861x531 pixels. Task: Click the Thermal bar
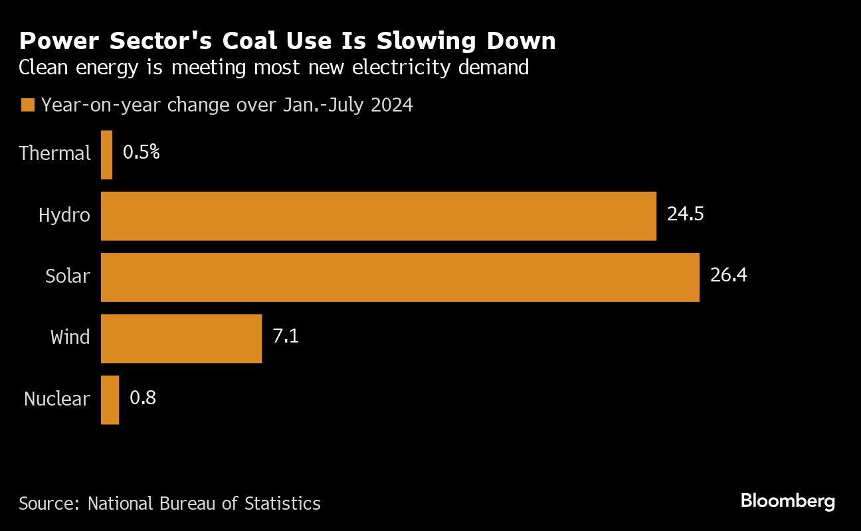click(x=106, y=155)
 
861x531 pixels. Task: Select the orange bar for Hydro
click(x=378, y=216)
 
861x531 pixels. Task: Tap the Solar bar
click(x=400, y=277)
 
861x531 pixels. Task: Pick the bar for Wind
click(x=181, y=339)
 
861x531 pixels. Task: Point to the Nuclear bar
click(x=110, y=400)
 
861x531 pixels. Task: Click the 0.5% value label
click(x=141, y=153)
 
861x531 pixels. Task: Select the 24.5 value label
click(x=686, y=214)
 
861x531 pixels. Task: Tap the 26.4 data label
click(x=728, y=275)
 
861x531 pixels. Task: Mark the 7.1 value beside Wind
click(x=286, y=337)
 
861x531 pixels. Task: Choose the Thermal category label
click(x=54, y=153)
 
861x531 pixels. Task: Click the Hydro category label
click(x=64, y=215)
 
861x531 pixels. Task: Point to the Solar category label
click(x=67, y=275)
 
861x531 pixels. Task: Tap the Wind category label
click(x=70, y=337)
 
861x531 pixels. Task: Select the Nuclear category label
click(x=56, y=398)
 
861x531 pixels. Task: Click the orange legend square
click(x=27, y=106)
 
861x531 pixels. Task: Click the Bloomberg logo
click(x=787, y=501)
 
